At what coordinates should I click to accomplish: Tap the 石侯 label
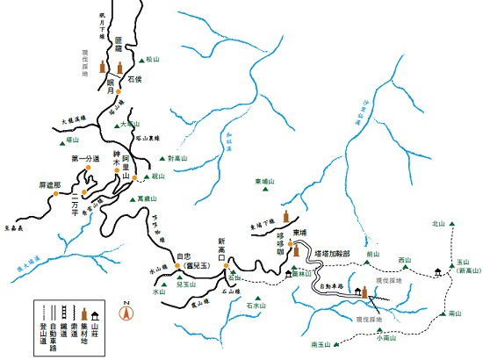pos(134,79)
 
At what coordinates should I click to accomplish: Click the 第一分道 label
pos(88,158)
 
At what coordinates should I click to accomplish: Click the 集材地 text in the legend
pos(85,334)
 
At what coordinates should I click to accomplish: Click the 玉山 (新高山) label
pos(464,267)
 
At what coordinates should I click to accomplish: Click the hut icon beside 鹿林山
pos(289,274)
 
